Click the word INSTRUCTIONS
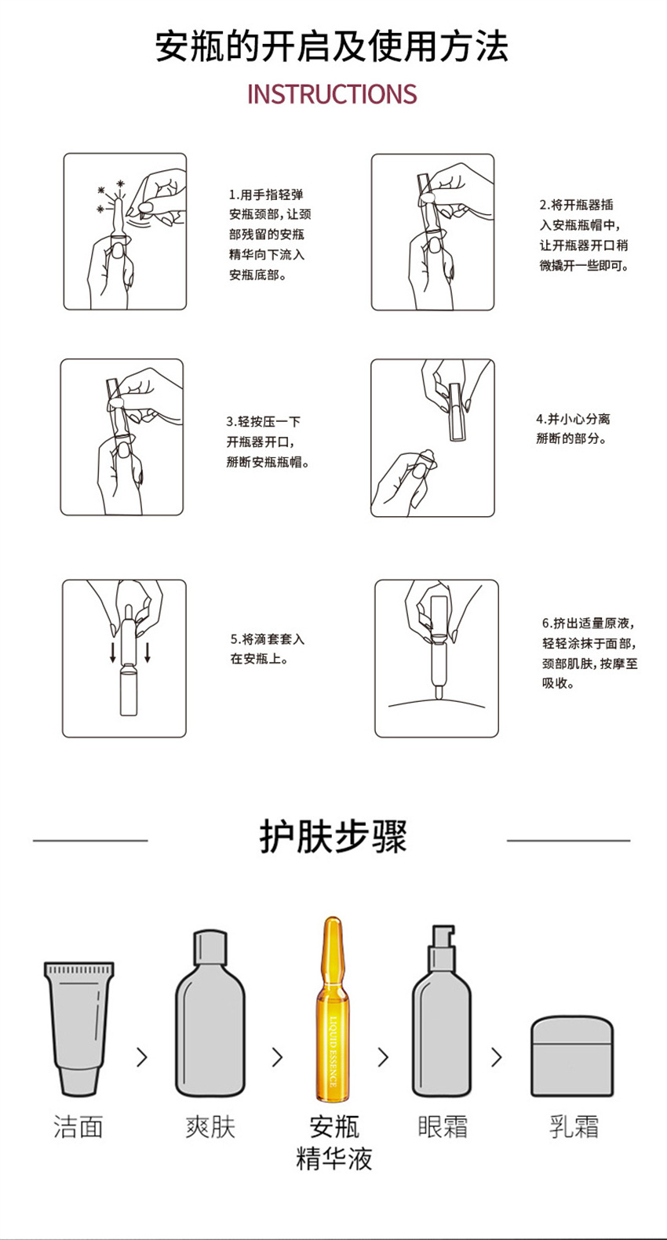point(332,94)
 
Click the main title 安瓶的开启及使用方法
point(332,46)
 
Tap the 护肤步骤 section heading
point(333,836)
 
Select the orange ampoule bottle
point(333,1009)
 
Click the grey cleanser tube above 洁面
point(78,1028)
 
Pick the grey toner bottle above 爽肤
point(210,1013)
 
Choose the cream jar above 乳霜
point(572,1056)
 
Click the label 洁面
point(78,1126)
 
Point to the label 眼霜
point(442,1126)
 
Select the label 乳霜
point(574,1126)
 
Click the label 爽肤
point(210,1126)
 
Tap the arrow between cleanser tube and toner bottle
point(142,1056)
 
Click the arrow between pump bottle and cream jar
point(497,1056)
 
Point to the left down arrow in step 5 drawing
point(113,652)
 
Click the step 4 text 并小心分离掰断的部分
point(573,428)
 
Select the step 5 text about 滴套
point(268,649)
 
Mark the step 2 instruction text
point(584,235)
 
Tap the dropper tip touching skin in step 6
point(439,692)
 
